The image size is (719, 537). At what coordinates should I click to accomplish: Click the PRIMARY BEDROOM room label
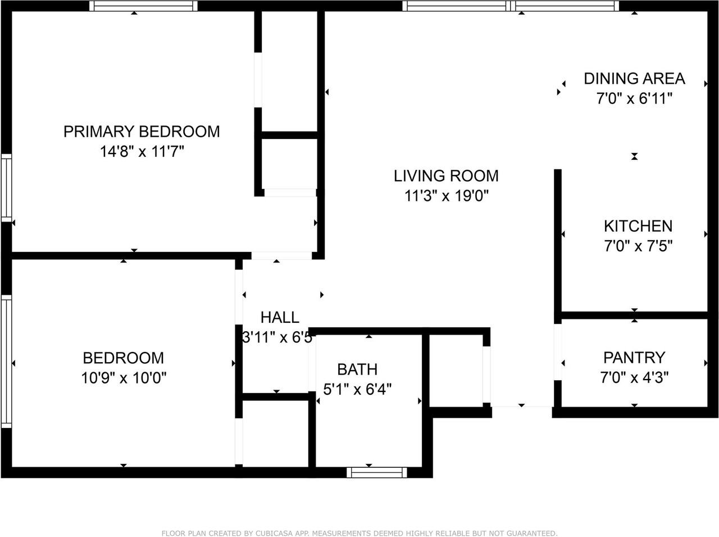click(x=142, y=132)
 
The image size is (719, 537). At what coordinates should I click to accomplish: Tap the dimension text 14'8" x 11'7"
click(x=142, y=151)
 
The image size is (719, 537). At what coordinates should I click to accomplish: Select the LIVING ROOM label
click(x=446, y=176)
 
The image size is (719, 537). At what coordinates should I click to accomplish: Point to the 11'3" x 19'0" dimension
click(x=447, y=196)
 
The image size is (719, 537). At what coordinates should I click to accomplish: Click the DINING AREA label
click(x=635, y=79)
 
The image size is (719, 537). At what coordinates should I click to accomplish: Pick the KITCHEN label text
click(x=638, y=226)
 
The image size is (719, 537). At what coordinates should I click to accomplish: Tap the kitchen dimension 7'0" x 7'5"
click(x=638, y=246)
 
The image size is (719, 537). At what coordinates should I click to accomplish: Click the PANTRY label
click(x=634, y=358)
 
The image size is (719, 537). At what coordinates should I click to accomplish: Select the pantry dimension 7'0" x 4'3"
click(x=634, y=377)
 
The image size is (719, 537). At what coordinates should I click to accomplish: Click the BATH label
click(x=357, y=369)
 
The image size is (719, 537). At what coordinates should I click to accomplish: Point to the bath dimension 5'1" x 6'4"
click(x=357, y=390)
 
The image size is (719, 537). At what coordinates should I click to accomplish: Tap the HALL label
click(x=280, y=317)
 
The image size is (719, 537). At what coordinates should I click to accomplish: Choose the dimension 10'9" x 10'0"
click(x=124, y=378)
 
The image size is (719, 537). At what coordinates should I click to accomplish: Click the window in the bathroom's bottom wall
click(x=377, y=472)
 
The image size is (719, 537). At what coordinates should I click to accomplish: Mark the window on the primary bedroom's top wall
click(x=143, y=6)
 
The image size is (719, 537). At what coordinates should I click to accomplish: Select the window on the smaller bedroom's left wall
click(x=6, y=362)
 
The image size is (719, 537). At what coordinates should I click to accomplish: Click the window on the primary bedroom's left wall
click(x=6, y=188)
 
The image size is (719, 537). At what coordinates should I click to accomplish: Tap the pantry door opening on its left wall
click(x=558, y=352)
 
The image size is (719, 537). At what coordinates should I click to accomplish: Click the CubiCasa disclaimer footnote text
click(x=359, y=534)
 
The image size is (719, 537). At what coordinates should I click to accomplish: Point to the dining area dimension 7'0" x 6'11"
click(x=635, y=98)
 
